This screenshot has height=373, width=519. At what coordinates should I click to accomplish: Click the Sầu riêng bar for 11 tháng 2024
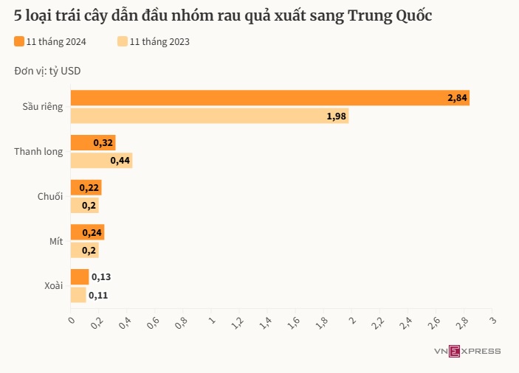pyautogui.click(x=269, y=98)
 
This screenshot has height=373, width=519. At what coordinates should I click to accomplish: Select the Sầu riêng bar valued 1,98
pyautogui.click(x=209, y=116)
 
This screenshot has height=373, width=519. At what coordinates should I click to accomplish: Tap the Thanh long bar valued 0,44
pyautogui.click(x=101, y=160)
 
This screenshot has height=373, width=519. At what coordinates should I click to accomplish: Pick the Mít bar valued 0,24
pyautogui.click(x=87, y=232)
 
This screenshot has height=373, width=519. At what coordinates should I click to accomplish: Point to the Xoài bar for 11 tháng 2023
pyautogui.click(x=78, y=295)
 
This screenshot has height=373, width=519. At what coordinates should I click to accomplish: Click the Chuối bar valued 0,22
pyautogui.click(x=86, y=187)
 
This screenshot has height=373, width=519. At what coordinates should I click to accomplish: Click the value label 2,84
pyautogui.click(x=457, y=98)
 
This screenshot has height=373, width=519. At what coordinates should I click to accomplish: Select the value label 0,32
pyautogui.click(x=103, y=142)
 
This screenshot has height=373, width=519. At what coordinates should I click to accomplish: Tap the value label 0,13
pyautogui.click(x=102, y=277)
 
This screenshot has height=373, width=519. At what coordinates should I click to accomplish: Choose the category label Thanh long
pyautogui.click(x=38, y=152)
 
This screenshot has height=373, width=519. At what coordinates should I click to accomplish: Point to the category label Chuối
pyautogui.click(x=50, y=197)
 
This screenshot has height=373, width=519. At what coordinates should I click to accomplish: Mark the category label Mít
pyautogui.click(x=56, y=241)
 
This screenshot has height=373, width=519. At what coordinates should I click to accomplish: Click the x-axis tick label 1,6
pyautogui.click(x=294, y=322)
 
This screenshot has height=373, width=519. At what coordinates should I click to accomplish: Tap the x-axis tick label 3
pyautogui.click(x=492, y=320)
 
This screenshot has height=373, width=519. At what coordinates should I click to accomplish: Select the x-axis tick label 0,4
pyautogui.click(x=126, y=322)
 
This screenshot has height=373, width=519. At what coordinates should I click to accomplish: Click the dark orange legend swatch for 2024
pyautogui.click(x=18, y=42)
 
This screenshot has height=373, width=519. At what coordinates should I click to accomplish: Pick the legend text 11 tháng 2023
pyautogui.click(x=159, y=42)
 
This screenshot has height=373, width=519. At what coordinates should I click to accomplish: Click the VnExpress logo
pyautogui.click(x=467, y=351)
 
